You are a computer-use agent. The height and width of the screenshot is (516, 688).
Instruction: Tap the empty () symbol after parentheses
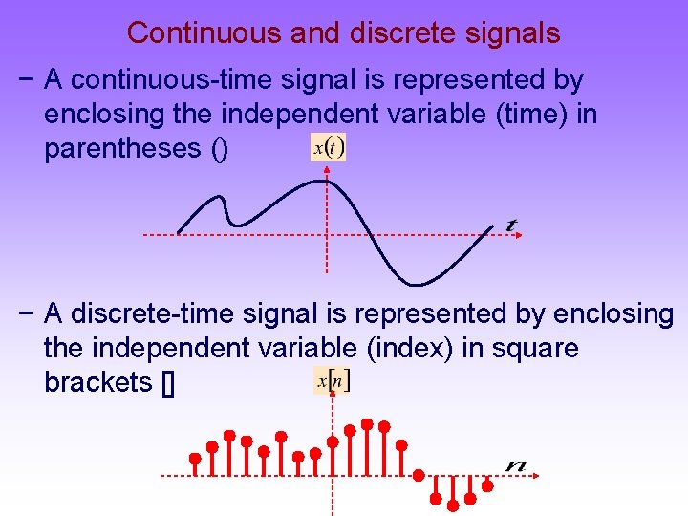218,149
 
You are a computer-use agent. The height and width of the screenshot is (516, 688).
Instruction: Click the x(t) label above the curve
329,147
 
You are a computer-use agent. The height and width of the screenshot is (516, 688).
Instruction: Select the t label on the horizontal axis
512,226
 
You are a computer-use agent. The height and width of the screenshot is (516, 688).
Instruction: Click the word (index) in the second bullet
407,348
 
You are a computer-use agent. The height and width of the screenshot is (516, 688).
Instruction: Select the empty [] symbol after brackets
168,383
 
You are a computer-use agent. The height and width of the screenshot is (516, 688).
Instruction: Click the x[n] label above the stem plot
333,379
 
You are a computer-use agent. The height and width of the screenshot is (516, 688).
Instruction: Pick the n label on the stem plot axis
517,464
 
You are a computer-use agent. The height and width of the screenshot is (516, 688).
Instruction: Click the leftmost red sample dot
195,458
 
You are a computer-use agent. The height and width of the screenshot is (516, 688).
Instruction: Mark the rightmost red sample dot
487,485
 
